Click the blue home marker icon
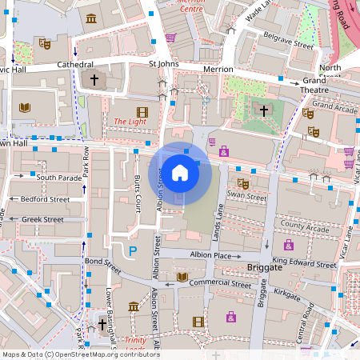(180, 172)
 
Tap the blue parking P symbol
(133, 251)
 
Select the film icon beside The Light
(142, 112)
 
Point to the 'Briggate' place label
(266, 268)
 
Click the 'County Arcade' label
(305, 229)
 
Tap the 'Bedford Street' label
(45, 198)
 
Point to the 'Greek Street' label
(42, 219)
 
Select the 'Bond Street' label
(102, 262)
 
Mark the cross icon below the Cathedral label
(94, 80)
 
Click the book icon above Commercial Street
(182, 277)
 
